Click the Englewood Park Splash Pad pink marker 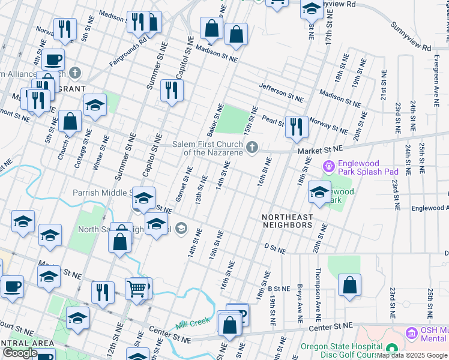328,165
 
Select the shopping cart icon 137,289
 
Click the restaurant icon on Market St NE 296,127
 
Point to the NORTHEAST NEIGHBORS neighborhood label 287,221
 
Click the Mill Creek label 193,323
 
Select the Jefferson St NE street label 281,91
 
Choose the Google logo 20,353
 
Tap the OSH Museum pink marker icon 412,332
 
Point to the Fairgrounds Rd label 128,53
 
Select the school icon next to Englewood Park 319,193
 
